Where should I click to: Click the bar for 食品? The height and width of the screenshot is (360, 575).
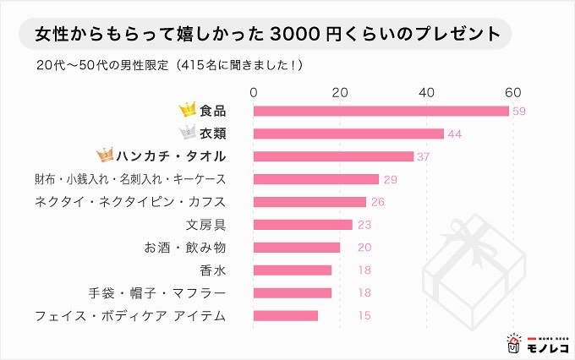tap(381, 111)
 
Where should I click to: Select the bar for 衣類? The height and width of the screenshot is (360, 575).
tap(348, 134)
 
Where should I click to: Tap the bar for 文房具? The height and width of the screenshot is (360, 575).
tap(303, 225)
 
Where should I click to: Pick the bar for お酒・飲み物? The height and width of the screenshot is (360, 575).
tap(297, 248)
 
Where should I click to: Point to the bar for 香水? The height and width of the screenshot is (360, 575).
tap(293, 270)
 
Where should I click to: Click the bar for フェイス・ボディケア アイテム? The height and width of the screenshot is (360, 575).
tap(286, 316)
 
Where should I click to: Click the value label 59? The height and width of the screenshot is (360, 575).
tap(520, 112)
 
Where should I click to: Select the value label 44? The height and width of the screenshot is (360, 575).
tap(456, 134)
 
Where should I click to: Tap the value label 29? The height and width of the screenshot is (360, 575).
tap(391, 179)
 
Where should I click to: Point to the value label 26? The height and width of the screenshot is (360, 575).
tap(378, 202)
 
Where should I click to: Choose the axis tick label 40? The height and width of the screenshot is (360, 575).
tap(426, 91)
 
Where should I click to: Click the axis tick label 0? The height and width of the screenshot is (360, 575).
tap(254, 91)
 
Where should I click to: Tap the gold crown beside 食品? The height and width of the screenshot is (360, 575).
tap(187, 110)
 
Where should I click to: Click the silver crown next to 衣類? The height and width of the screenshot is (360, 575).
tap(187, 133)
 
